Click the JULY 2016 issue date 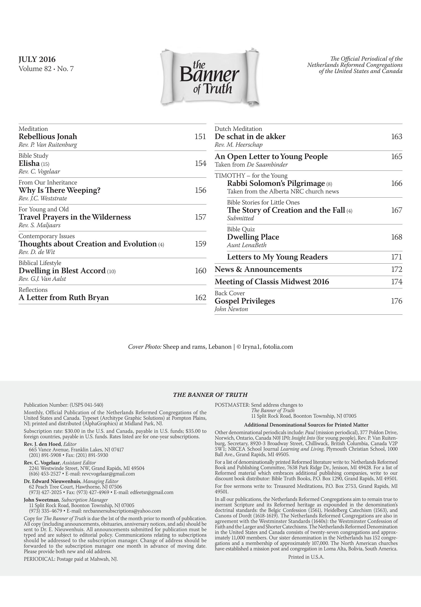click(x=37, y=59)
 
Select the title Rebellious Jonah click(x=48, y=137)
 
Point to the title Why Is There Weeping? click(x=60, y=190)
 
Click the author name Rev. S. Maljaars click(x=39, y=225)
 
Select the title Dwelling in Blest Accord click(x=62, y=271)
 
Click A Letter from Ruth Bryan click(x=64, y=298)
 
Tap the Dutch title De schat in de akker click(x=250, y=137)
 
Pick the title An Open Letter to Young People click(x=271, y=157)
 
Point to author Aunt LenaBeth click(x=247, y=245)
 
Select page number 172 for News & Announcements click(x=396, y=269)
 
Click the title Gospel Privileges click(x=245, y=301)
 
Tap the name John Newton click(x=231, y=309)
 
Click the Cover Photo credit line click(x=210, y=347)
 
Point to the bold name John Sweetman click(x=42, y=500)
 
